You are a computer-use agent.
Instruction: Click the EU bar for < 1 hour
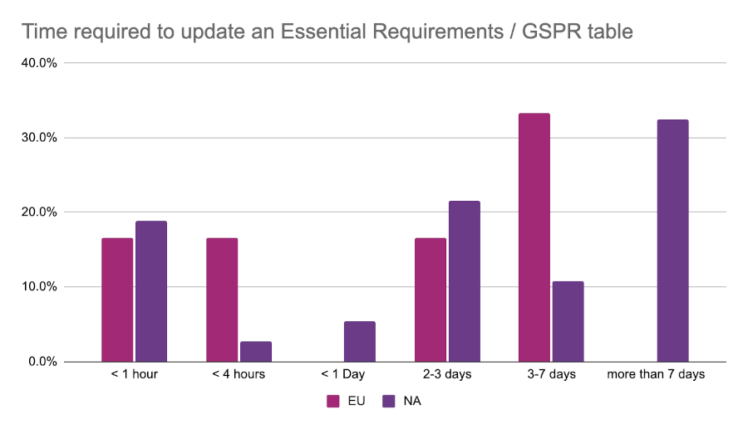[117, 300]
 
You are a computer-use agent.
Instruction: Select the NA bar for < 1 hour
[151, 291]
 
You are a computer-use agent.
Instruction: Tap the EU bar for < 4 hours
[222, 300]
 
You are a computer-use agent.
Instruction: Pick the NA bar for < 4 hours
[256, 352]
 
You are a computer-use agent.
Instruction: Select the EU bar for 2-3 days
[431, 300]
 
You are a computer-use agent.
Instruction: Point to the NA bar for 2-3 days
[465, 281]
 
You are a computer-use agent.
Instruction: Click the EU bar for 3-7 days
[534, 237]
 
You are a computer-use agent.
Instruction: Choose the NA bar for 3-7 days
[568, 322]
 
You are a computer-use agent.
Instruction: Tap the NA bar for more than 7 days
[672, 241]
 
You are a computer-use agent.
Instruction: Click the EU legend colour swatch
[333, 402]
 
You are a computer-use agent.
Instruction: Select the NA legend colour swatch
[388, 402]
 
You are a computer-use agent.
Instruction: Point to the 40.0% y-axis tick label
[39, 63]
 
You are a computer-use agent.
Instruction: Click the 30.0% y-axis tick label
[39, 138]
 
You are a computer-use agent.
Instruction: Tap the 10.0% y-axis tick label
[39, 287]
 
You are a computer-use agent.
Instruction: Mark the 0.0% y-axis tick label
[42, 362]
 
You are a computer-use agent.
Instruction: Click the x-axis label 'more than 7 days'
[656, 374]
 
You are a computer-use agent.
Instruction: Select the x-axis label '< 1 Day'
[342, 374]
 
